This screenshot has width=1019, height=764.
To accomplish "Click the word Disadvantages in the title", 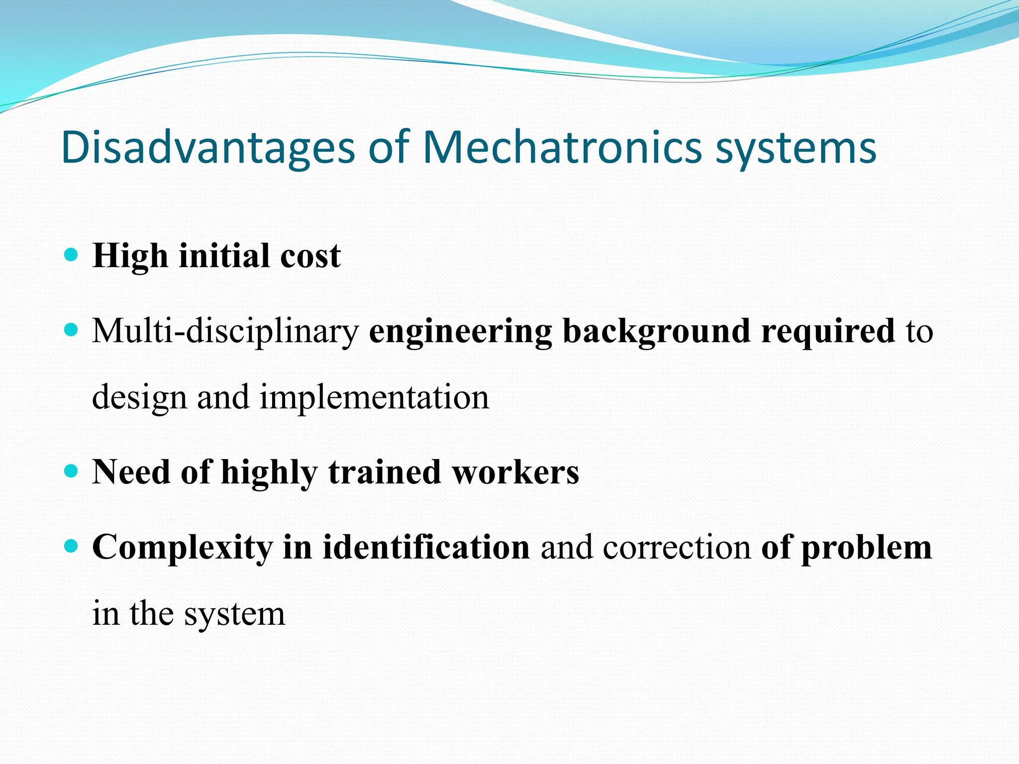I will (208, 148).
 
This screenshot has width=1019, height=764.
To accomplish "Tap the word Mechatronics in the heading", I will (562, 148).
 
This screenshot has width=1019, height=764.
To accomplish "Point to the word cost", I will (310, 257).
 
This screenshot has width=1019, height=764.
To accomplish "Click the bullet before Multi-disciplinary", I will (72, 329).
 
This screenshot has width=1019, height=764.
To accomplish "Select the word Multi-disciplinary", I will (225, 332).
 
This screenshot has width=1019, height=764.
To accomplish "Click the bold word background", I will (656, 332).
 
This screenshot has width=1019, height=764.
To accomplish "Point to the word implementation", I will (374, 398).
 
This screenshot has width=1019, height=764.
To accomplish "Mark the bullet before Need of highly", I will (72, 471).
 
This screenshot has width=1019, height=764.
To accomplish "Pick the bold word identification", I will (426, 548).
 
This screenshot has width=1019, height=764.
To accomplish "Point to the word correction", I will (677, 548).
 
